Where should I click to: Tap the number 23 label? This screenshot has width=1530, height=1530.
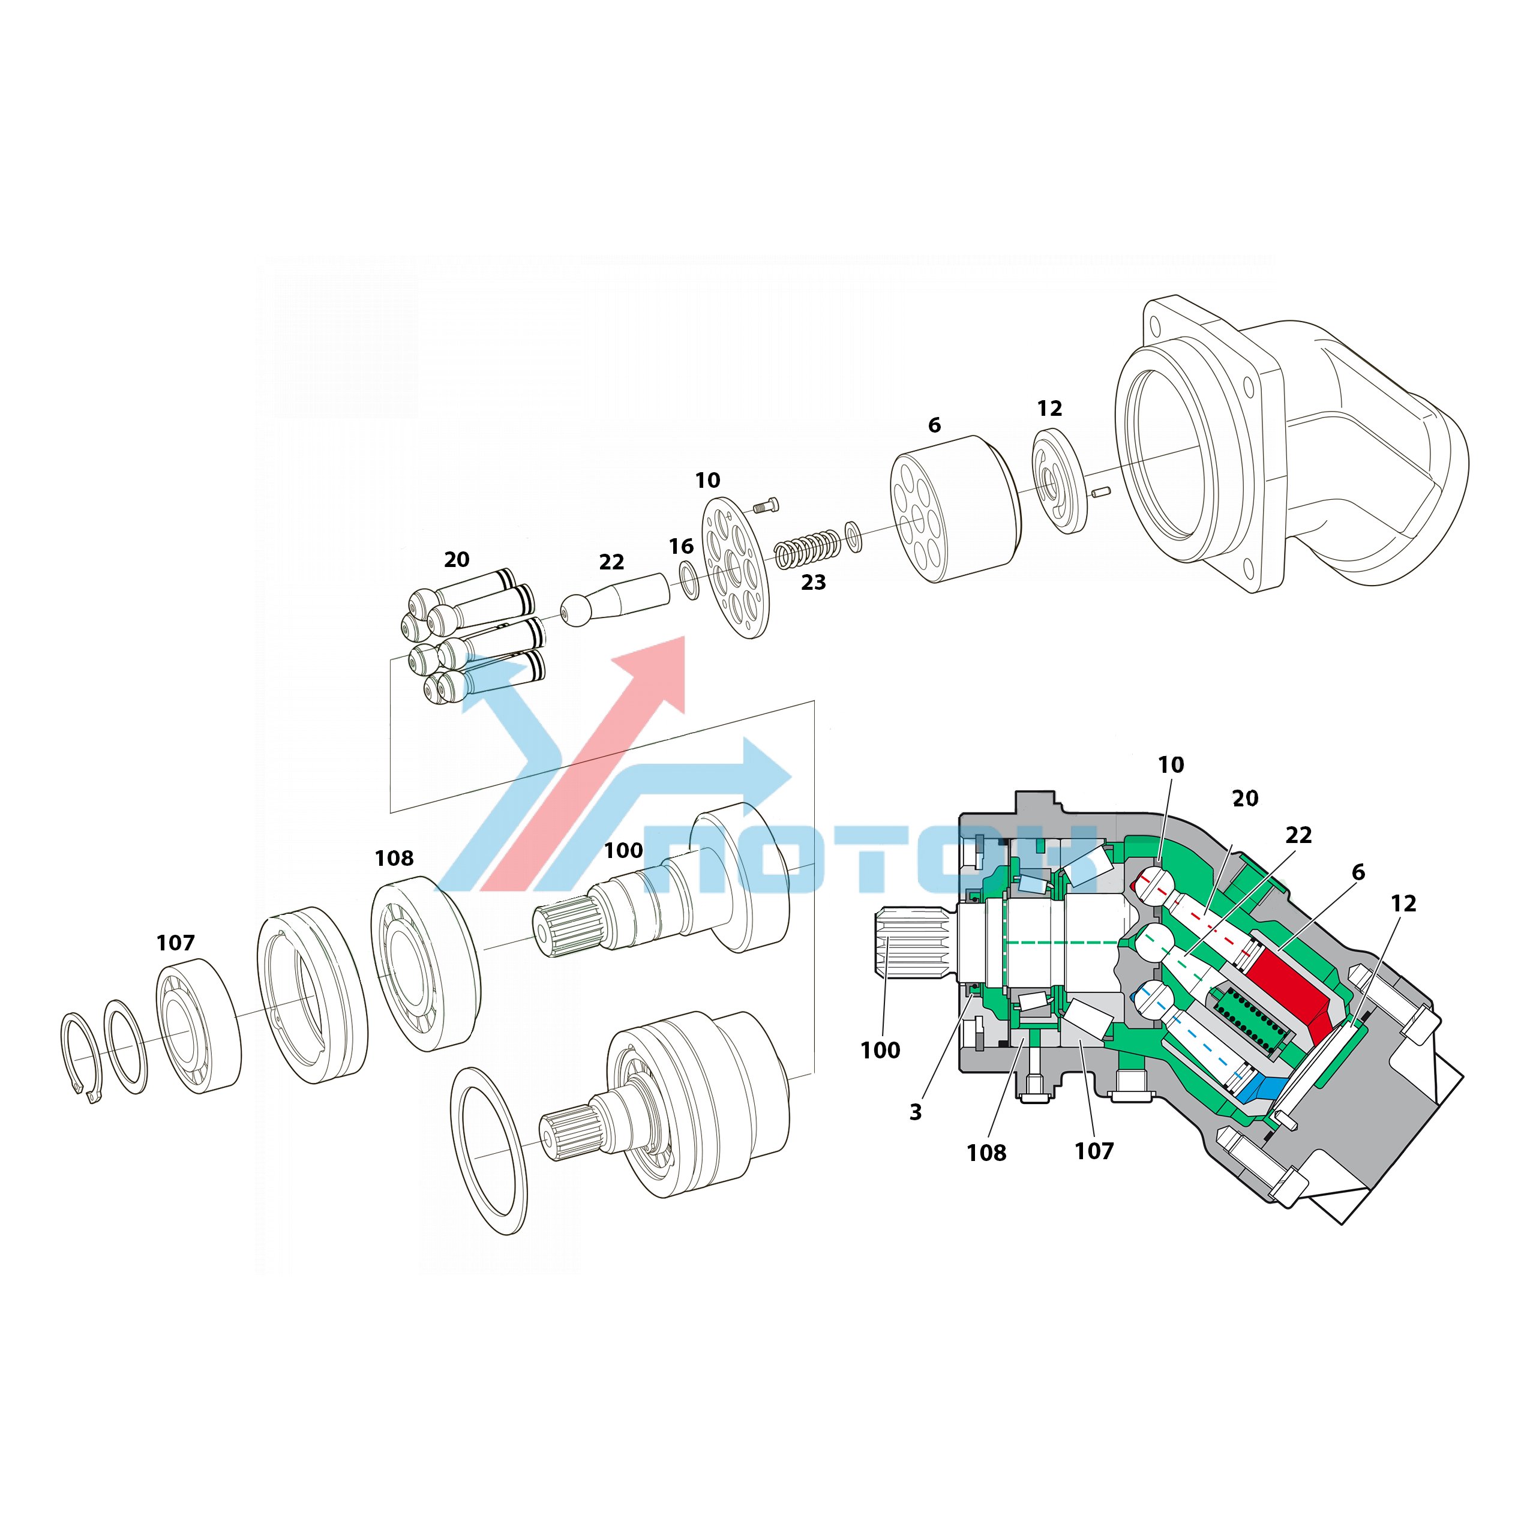(814, 582)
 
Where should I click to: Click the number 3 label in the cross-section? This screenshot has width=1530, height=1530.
(916, 1112)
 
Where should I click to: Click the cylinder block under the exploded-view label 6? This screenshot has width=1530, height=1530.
(956, 508)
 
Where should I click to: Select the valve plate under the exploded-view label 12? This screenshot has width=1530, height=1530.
(1060, 481)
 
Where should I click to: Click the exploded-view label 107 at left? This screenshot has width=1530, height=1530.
(175, 943)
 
